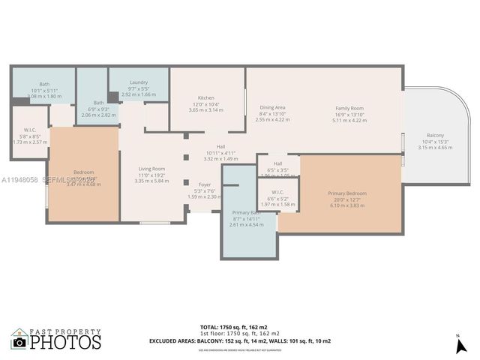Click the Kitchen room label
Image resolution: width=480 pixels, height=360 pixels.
(206, 98)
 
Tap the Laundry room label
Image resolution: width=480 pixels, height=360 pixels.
(138, 82)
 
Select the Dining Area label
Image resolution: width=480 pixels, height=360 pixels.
(272, 108)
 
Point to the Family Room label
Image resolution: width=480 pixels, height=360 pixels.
(349, 108)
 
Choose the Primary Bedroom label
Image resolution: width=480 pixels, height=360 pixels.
(346, 193)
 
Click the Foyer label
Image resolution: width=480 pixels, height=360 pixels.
(204, 184)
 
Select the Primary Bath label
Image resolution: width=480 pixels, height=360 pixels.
(245, 212)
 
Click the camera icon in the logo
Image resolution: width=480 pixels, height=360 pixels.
(19, 343)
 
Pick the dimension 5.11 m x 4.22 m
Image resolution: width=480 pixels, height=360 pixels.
(349, 119)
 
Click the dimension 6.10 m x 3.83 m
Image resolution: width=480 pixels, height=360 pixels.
(346, 205)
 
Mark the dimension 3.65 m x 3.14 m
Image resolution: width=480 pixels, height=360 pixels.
(206, 109)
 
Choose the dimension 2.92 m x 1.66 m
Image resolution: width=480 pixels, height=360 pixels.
(138, 94)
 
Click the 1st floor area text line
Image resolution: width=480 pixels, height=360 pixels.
(240, 334)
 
